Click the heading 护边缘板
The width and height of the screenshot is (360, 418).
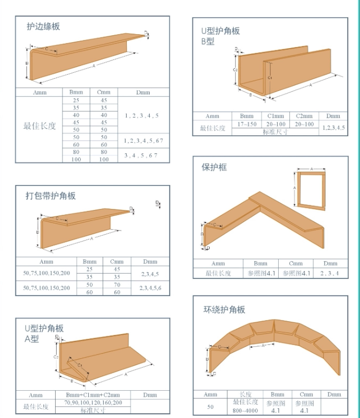click(43, 26)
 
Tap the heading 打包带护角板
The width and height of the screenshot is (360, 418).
click(51, 196)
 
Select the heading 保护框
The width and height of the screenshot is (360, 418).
click(214, 167)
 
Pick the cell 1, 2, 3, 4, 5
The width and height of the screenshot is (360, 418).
click(141, 115)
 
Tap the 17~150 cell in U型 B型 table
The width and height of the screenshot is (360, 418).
click(247, 125)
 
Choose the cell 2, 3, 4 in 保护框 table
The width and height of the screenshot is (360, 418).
click(330, 273)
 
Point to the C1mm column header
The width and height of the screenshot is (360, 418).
click(275, 116)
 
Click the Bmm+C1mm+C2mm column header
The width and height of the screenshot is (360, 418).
click(93, 394)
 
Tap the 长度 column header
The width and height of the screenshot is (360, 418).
click(246, 394)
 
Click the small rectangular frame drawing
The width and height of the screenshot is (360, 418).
click(310, 190)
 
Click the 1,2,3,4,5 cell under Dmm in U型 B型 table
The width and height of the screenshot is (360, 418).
click(333, 128)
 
